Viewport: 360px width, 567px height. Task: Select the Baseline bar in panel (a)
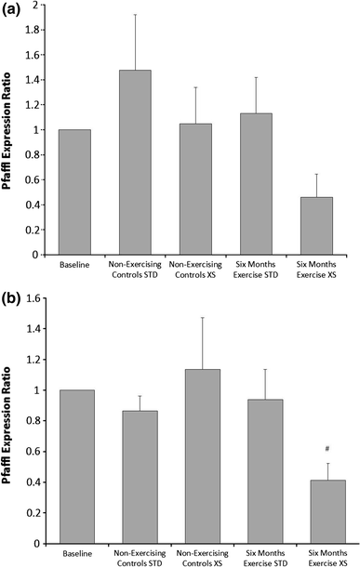[x=75, y=191]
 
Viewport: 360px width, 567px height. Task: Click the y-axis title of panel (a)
[x=10, y=130]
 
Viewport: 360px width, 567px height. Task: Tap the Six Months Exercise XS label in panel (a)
[x=318, y=270]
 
